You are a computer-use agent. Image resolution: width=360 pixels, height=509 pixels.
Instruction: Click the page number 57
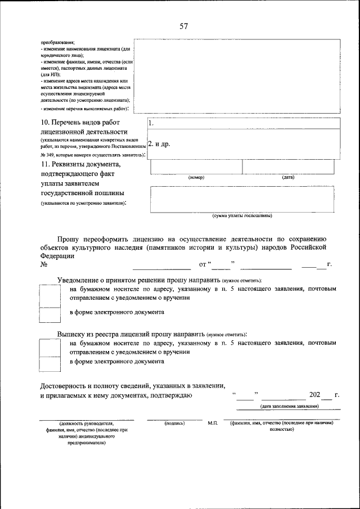coord(184,26)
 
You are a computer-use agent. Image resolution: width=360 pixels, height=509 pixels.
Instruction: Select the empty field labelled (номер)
coord(196,167)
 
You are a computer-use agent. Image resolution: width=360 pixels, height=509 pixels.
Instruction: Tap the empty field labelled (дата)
coord(291,167)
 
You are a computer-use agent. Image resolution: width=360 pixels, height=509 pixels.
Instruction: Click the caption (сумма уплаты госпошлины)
coord(242,215)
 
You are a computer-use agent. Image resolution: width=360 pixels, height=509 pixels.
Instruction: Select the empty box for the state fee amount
coord(245,199)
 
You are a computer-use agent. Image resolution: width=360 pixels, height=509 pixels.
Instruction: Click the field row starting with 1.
coord(243,123)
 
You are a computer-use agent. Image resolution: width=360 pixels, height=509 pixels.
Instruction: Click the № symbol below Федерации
coord(44,264)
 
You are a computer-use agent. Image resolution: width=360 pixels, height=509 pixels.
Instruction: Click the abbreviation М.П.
coord(212,422)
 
